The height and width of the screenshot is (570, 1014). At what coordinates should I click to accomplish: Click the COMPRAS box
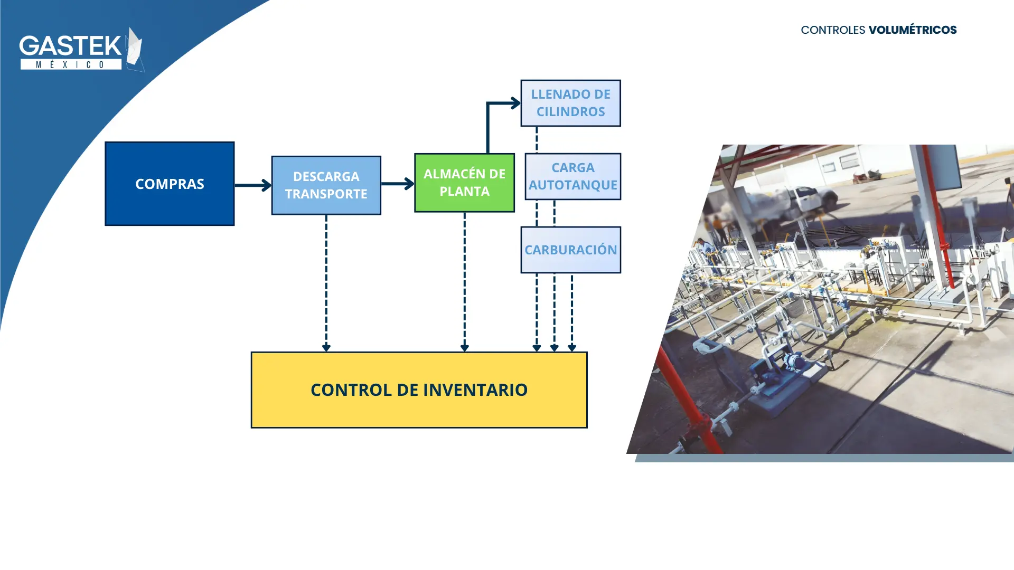170,184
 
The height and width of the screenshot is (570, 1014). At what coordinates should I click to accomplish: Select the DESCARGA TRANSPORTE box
326,185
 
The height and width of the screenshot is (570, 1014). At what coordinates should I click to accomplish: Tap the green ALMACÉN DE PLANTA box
465,183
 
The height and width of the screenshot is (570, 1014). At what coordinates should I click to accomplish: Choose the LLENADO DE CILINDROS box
571,103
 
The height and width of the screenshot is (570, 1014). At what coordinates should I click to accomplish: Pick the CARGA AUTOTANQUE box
573,176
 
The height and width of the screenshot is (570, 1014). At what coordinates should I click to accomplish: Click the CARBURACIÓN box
571,250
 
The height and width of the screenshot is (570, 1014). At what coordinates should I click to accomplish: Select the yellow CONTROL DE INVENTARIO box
419,390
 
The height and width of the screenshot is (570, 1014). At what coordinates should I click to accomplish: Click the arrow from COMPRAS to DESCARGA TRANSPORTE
253,185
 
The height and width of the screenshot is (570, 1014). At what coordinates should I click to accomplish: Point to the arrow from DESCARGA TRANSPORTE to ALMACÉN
398,184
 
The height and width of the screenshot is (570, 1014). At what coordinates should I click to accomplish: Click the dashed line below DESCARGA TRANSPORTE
326,283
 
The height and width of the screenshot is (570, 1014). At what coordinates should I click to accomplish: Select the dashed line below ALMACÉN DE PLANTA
465,282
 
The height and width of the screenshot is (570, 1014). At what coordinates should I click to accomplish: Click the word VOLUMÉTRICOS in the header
913,30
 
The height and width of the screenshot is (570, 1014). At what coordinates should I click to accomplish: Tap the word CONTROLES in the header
833,30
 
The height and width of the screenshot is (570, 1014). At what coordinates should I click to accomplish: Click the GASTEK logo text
71,46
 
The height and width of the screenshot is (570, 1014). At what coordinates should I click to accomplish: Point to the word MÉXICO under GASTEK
71,64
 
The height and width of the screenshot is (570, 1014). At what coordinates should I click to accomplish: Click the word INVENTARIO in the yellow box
475,390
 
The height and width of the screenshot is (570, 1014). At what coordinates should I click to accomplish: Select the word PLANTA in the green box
465,192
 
